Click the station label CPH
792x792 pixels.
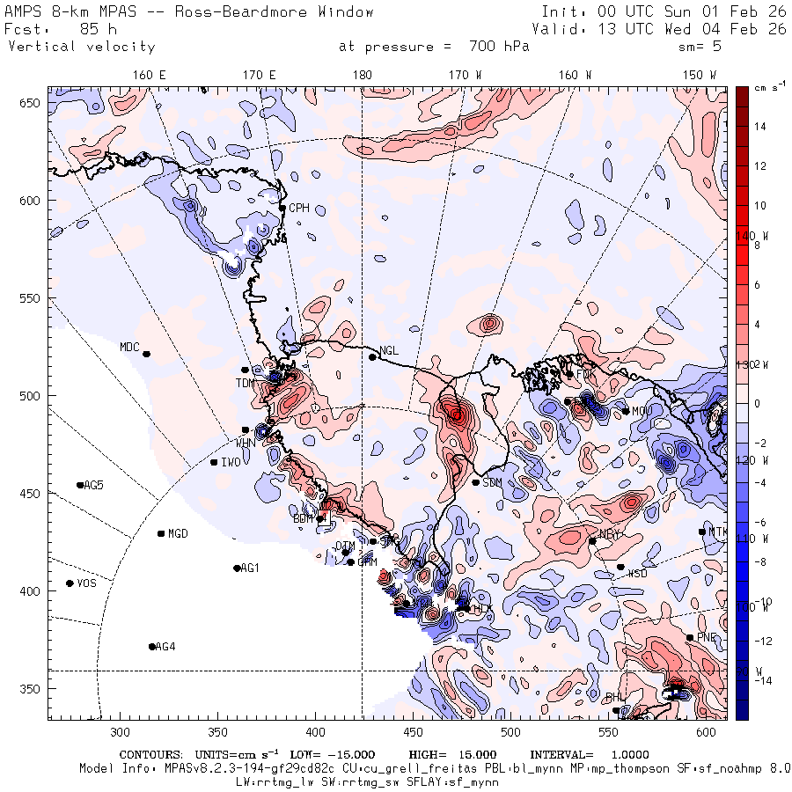point(299,209)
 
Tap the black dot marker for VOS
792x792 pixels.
point(70,583)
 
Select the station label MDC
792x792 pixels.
point(129,347)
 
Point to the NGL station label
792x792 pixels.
point(389,351)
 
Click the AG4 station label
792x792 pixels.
point(165,647)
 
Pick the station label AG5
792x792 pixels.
point(93,486)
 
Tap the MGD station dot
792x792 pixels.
point(161,533)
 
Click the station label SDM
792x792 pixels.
point(492,482)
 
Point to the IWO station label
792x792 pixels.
point(231,462)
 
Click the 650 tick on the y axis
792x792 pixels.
point(32,104)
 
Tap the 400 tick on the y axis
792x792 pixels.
point(32,590)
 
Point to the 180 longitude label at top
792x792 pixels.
point(362,76)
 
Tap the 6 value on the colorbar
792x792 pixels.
point(757,284)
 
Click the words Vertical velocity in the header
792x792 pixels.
point(81,47)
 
